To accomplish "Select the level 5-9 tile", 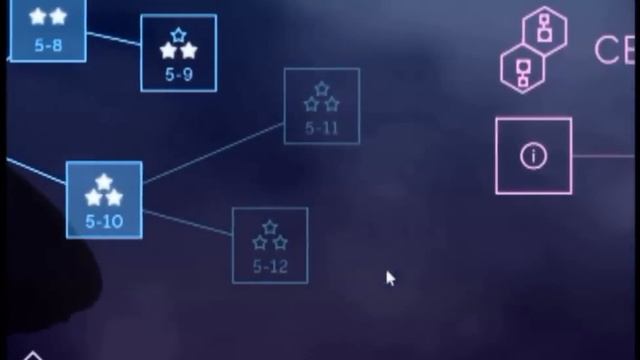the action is (178, 53).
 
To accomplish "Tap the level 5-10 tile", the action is (104, 200).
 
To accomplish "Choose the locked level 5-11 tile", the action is (321, 106).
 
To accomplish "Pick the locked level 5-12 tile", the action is (270, 245).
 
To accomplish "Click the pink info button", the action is (534, 156).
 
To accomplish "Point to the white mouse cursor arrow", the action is (390, 278).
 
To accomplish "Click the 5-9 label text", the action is (178, 74).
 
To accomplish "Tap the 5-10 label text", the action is (104, 222).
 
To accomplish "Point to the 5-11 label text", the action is (321, 128).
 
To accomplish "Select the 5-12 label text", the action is (270, 266).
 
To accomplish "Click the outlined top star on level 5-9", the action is (178, 36).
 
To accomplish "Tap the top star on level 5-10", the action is (104, 182).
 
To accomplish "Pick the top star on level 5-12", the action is (270, 228).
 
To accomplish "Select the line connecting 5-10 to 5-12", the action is (187, 222).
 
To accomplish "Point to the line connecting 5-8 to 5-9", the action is (113, 39).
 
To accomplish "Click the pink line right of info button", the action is (605, 156).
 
